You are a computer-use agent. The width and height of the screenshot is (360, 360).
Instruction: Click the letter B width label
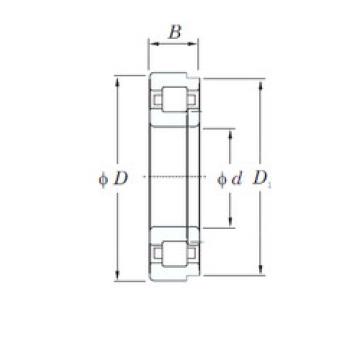click(x=175, y=33)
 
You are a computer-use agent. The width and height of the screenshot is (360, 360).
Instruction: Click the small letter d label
click(x=237, y=180)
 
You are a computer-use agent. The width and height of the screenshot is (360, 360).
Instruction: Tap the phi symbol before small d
click(x=222, y=180)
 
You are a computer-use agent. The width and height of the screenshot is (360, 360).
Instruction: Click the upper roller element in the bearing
click(x=176, y=102)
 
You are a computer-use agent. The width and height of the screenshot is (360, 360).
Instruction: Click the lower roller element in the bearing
click(x=176, y=256)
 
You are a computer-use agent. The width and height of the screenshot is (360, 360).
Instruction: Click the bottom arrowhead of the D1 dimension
click(x=263, y=270)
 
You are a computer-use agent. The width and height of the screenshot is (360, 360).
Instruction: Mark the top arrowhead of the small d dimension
click(x=232, y=130)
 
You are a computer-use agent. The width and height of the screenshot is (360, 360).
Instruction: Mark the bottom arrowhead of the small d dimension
click(x=232, y=228)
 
